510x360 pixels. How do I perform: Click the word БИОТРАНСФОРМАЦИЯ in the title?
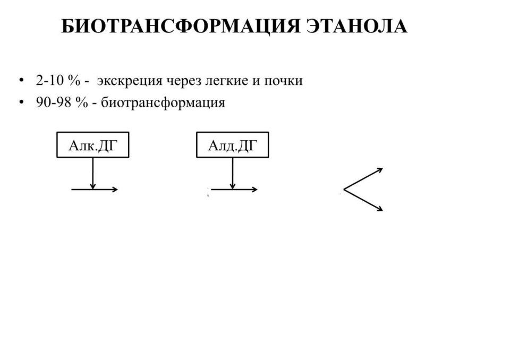click(x=181, y=27)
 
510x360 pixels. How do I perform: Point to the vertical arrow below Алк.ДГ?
click(x=93, y=173)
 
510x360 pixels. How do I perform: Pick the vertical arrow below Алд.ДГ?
click(x=233, y=173)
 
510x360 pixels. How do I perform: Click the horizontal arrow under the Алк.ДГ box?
click(x=95, y=189)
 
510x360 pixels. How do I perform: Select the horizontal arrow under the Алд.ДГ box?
click(x=234, y=189)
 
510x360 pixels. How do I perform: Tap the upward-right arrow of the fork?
click(x=363, y=178)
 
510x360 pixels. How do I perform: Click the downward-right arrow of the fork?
click(x=363, y=200)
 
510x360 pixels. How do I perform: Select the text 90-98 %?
click(x=62, y=103)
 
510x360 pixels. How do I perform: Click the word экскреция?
click(x=130, y=81)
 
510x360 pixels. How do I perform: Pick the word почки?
click(x=283, y=81)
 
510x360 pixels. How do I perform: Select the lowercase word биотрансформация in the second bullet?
click(x=163, y=104)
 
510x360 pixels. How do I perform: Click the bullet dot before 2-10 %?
click(x=21, y=80)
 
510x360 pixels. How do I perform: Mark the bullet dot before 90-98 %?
click(x=21, y=102)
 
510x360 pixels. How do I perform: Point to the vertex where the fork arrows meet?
click(x=344, y=189)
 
